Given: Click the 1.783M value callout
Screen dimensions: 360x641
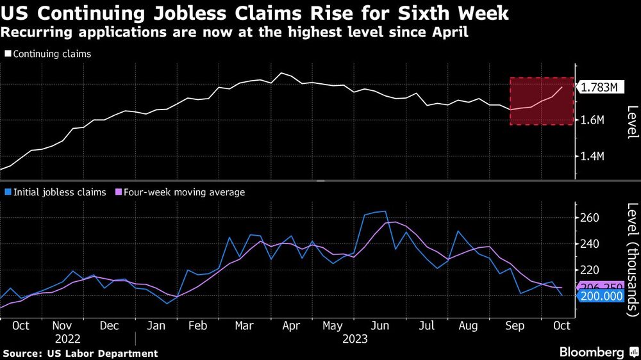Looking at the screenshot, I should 599,88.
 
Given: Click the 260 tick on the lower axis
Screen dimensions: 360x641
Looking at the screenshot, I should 590,218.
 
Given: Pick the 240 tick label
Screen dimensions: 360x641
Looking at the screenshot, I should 590,244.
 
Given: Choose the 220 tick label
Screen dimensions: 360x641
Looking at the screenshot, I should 590,270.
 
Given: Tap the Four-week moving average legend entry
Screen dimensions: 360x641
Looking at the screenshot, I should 183,192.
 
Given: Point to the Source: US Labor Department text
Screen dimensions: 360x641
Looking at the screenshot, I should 80,353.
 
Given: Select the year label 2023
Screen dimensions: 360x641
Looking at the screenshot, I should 354,340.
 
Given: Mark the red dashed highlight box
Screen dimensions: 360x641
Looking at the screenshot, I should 542,101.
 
